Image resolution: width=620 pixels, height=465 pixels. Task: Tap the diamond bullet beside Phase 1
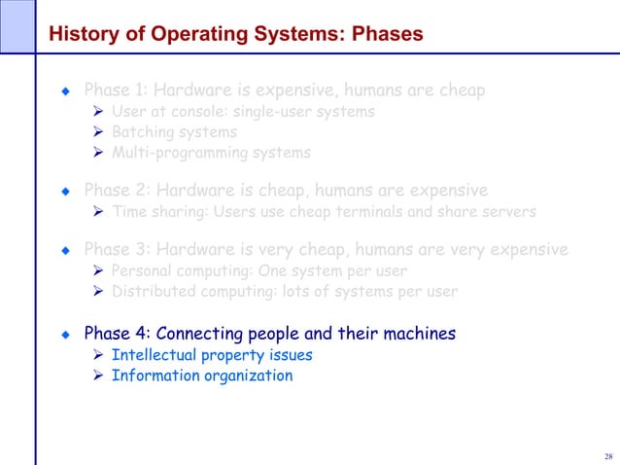65,91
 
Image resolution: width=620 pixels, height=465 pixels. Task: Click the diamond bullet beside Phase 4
65,335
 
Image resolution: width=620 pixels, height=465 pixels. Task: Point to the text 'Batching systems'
174,132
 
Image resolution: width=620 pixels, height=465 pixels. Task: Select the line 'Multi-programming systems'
211,153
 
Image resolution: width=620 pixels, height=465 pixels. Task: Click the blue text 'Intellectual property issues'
212,355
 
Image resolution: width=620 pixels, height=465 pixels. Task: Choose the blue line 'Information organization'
202,376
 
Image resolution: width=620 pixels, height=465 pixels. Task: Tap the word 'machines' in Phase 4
420,334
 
